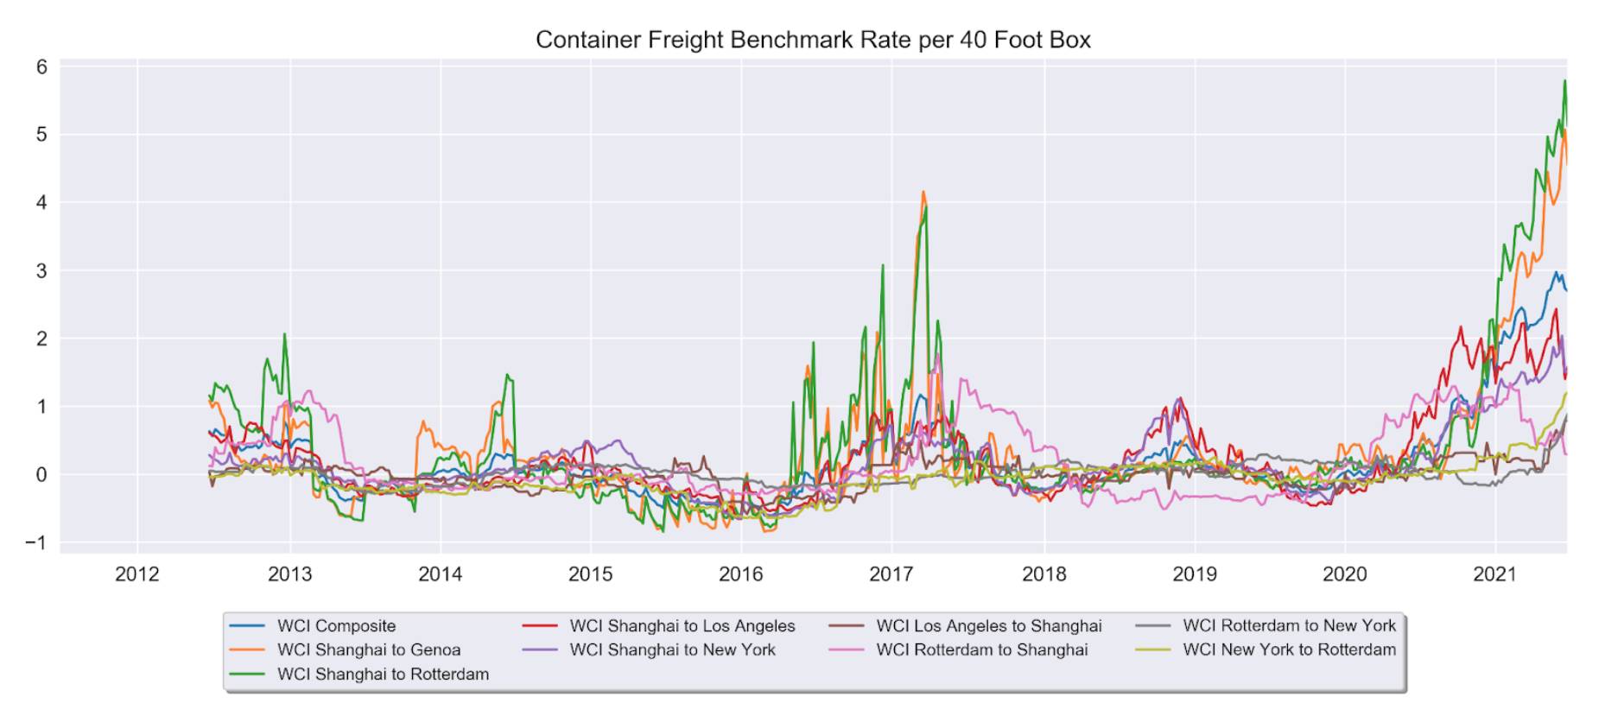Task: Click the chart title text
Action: pos(812,40)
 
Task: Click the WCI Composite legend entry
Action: pos(336,626)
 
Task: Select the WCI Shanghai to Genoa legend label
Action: pos(368,650)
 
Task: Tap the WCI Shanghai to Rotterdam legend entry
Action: pos(383,674)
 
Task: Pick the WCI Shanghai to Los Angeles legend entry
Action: pos(682,626)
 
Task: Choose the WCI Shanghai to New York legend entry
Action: pos(672,650)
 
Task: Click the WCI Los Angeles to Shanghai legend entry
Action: pos(988,626)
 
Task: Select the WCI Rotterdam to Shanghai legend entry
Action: pos(981,650)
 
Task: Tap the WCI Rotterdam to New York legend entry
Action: pos(1289,626)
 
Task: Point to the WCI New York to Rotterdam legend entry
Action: pos(1289,650)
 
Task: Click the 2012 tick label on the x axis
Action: pos(137,574)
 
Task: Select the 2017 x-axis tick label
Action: pos(891,574)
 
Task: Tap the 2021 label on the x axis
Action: pos(1494,574)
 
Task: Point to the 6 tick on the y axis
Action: pos(41,67)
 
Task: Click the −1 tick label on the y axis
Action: pos(35,543)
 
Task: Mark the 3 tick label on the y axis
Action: pos(41,271)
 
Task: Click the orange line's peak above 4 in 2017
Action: pos(923,193)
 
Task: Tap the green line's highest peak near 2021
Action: pos(1564,81)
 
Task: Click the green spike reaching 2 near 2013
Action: pos(284,334)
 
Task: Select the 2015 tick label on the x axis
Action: pos(590,574)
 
